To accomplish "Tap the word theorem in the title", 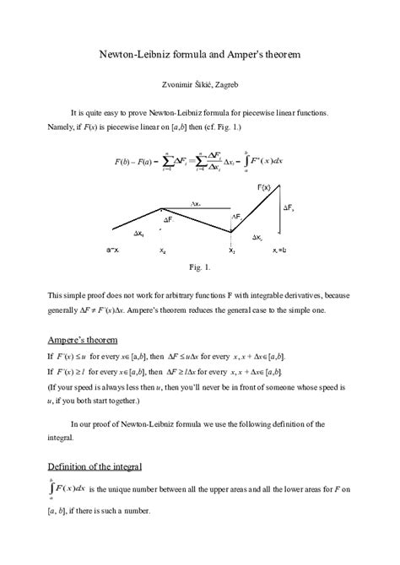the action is coord(277,53).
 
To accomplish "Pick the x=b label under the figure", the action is coord(284,250).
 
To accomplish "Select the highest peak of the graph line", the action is coord(289,191).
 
